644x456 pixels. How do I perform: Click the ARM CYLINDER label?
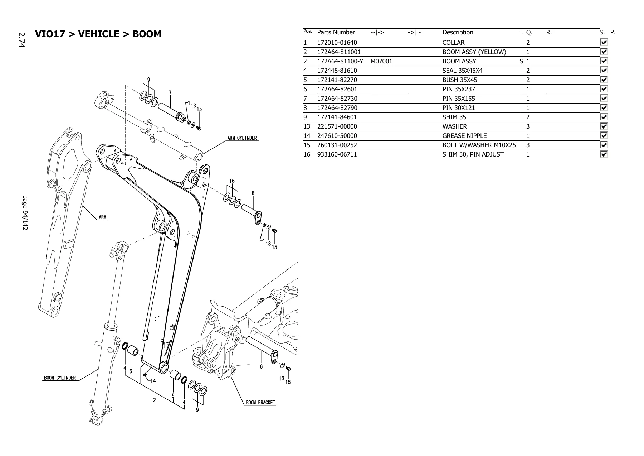pyautogui.click(x=242, y=138)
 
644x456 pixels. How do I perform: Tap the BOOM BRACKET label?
pyautogui.click(x=260, y=403)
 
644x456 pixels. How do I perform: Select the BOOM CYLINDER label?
pyautogui.click(x=60, y=378)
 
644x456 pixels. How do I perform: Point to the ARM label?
pyautogui.click(x=103, y=217)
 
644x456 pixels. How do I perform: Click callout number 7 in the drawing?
pyautogui.click(x=170, y=92)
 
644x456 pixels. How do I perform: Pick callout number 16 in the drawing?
pyautogui.click(x=232, y=181)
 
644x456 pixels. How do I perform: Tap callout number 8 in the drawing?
pyautogui.click(x=253, y=193)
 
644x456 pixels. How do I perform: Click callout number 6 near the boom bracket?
pyautogui.click(x=262, y=366)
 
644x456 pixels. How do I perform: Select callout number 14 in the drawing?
pyautogui.click(x=153, y=381)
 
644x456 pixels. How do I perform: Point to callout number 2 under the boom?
pyautogui.click(x=155, y=400)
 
